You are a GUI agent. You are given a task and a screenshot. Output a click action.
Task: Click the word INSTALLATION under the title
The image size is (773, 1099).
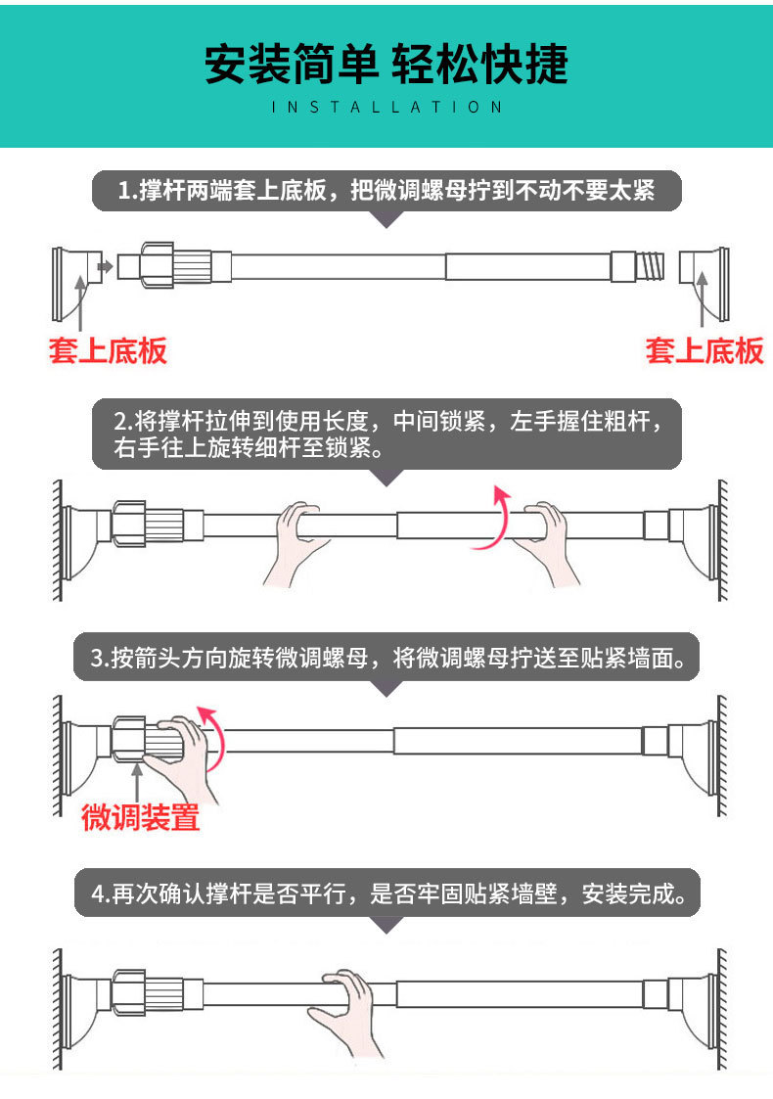tap(386, 107)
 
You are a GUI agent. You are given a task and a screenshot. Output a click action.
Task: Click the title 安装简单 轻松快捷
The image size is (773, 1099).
tap(386, 65)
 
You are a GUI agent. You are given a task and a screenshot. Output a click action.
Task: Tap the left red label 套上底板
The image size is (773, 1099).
tap(108, 350)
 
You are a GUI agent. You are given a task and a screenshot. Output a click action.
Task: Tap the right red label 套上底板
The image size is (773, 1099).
tap(704, 350)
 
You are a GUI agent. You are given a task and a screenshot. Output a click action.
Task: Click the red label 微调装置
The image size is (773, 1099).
tap(140, 816)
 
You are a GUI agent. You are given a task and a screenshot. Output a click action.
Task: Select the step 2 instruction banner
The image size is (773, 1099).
tap(386, 435)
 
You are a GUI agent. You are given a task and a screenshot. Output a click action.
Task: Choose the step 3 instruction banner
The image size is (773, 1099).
tap(386, 658)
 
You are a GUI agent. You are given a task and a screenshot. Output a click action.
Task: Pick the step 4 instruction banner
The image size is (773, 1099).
tap(386, 893)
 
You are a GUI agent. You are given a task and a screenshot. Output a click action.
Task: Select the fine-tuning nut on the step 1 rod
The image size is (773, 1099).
tap(174, 264)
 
